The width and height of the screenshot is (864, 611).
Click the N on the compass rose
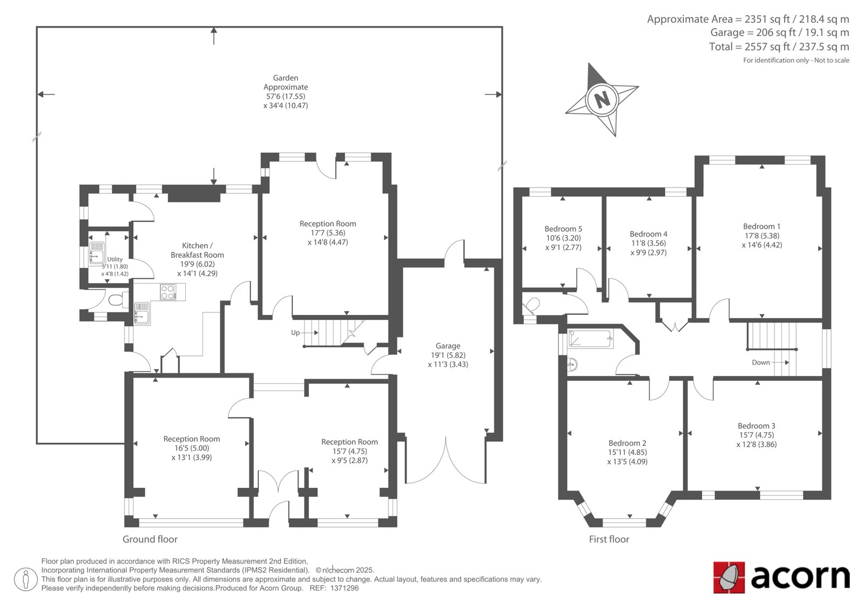(x=602, y=100)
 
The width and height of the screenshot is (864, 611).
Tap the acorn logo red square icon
(x=729, y=578)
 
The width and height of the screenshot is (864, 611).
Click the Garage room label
(x=448, y=346)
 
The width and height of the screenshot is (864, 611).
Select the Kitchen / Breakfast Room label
(x=197, y=250)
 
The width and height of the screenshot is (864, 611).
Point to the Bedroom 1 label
(x=762, y=226)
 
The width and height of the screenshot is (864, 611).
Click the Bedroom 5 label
(x=563, y=229)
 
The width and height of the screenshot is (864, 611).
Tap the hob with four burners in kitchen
(x=168, y=292)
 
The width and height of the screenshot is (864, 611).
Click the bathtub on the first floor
(x=590, y=339)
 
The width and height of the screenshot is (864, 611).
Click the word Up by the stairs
(x=295, y=333)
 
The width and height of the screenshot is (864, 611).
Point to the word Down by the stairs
(x=761, y=362)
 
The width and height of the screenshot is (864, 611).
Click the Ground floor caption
(x=150, y=539)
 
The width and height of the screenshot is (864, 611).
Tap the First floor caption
(x=609, y=539)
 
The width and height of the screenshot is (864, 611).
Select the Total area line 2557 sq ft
(x=779, y=46)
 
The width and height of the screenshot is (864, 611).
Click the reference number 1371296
(x=344, y=588)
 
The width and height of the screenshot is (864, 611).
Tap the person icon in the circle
(x=25, y=579)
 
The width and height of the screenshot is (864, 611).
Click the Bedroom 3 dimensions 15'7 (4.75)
(x=757, y=435)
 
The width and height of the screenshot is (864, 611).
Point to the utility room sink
(x=97, y=253)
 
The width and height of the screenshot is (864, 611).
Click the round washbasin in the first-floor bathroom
(x=573, y=364)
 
